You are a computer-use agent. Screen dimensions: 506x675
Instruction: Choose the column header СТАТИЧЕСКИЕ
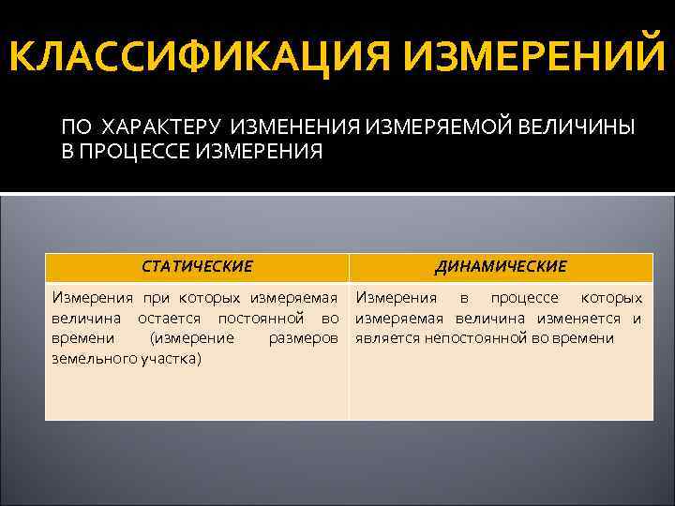coord(197,267)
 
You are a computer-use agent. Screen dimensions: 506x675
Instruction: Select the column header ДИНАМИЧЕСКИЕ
coord(501,267)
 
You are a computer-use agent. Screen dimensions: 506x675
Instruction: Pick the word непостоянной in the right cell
coord(476,338)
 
